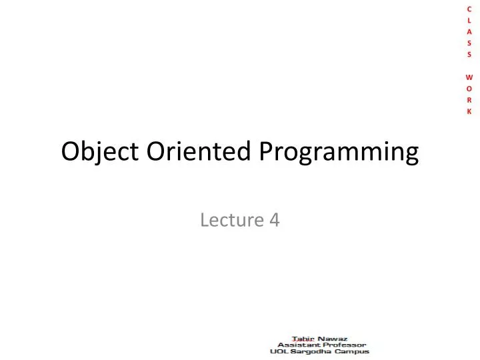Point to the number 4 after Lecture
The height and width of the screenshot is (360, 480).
(274, 220)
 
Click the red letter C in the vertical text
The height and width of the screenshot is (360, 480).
(469, 7)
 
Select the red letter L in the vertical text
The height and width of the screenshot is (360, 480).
(469, 19)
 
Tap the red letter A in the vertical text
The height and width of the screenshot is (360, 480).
(469, 31)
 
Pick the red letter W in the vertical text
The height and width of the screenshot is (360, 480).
(469, 77)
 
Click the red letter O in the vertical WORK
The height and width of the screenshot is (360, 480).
(469, 89)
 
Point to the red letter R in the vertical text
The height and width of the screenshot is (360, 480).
(469, 100)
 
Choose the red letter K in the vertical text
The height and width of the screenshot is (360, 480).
(469, 112)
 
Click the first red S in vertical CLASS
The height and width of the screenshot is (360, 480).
(469, 43)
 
